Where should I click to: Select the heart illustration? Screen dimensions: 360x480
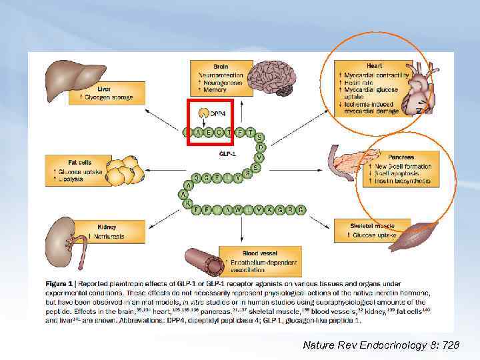[x=414, y=87]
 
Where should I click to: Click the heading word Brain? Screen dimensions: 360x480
[x=220, y=67]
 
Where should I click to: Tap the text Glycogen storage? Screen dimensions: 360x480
[x=109, y=97]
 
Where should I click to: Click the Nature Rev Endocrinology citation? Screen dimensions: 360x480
[x=381, y=345]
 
